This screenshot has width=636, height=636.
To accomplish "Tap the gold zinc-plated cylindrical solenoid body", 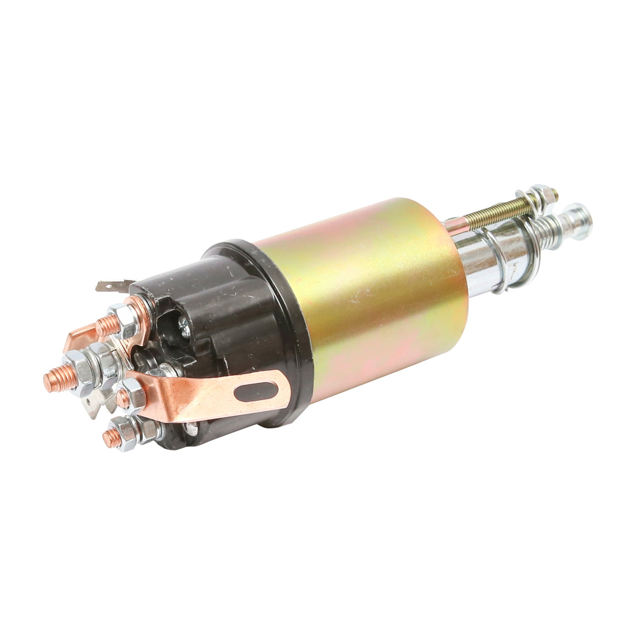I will coord(371,297).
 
